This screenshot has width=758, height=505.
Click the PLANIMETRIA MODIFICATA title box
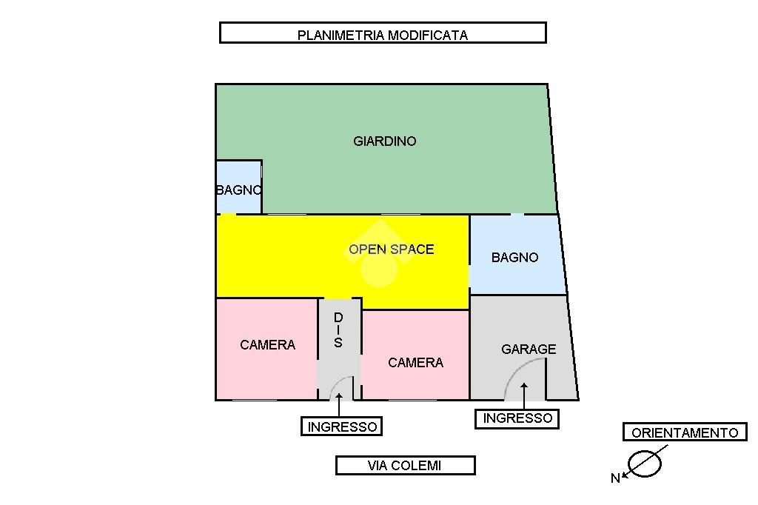coord(383,33)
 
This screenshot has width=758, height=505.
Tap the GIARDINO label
coord(385,141)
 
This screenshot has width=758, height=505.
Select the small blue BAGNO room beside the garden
coord(238,189)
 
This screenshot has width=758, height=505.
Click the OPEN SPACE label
coord(391,250)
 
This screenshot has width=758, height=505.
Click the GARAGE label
coord(529,349)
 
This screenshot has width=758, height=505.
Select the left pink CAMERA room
coord(267,345)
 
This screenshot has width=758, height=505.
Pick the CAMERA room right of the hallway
coord(415,362)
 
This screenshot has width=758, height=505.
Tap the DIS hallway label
coord(338,330)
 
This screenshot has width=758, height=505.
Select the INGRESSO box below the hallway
coord(343,427)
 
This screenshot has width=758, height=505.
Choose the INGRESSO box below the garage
coord(517,418)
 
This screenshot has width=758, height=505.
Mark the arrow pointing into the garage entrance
coord(523,395)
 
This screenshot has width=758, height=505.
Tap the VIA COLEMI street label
coord(405,466)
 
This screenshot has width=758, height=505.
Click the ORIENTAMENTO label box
coord(685,433)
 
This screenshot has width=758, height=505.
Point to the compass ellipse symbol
coord(643,464)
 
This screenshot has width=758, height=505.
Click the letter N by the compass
coord(614,478)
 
